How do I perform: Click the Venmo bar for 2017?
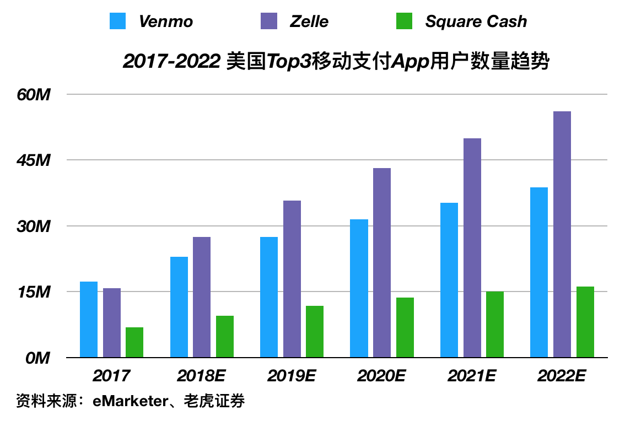(x=89, y=320)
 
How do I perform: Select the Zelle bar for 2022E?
(x=562, y=234)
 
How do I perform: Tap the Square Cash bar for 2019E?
(x=315, y=332)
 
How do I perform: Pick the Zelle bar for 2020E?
(x=382, y=263)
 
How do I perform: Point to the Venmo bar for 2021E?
(x=449, y=280)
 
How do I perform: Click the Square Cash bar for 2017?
(x=134, y=342)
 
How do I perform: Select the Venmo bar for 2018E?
(x=179, y=307)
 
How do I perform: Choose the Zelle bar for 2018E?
(x=202, y=297)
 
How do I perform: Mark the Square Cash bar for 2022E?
(x=585, y=322)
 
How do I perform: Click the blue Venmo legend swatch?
(x=118, y=21)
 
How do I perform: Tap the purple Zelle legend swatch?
(x=268, y=21)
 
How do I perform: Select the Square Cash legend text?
(x=476, y=21)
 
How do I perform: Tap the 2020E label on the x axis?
(x=381, y=376)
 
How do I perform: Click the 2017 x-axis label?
(x=111, y=376)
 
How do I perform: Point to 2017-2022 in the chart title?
(x=173, y=62)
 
